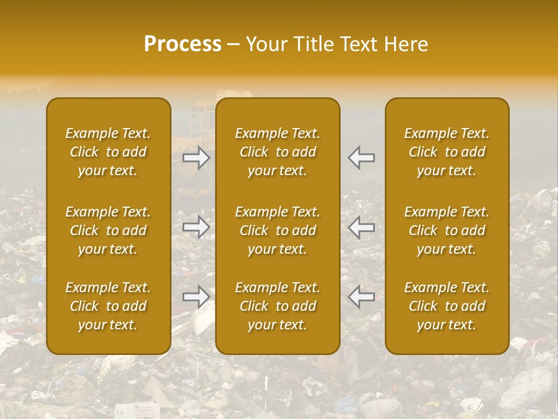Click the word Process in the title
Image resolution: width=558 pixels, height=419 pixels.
pyautogui.click(x=183, y=44)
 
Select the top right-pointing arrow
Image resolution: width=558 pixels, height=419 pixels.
pyautogui.click(x=196, y=157)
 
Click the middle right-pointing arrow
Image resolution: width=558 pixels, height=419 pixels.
pyautogui.click(x=196, y=227)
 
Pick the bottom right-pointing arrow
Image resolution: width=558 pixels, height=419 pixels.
pyautogui.click(x=196, y=297)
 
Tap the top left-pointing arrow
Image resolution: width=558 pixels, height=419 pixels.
pyautogui.click(x=361, y=157)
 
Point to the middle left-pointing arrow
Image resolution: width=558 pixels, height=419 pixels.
pyautogui.click(x=361, y=227)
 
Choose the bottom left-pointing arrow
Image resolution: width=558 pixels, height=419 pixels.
pyautogui.click(x=361, y=297)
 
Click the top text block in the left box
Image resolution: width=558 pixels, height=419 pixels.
pyautogui.click(x=108, y=152)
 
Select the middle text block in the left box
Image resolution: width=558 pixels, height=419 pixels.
pyautogui.click(x=108, y=230)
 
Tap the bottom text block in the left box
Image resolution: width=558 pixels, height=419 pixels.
pyautogui.click(x=108, y=306)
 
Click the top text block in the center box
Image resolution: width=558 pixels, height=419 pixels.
pyautogui.click(x=278, y=152)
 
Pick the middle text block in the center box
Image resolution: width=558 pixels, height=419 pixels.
pyautogui.click(x=278, y=230)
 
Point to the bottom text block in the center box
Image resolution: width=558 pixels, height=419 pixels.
pyautogui.click(x=278, y=306)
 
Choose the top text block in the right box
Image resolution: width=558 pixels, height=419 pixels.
pyautogui.click(x=447, y=152)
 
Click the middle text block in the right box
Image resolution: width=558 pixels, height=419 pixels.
pyautogui.click(x=447, y=230)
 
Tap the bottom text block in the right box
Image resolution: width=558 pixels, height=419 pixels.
pyautogui.click(x=447, y=306)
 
